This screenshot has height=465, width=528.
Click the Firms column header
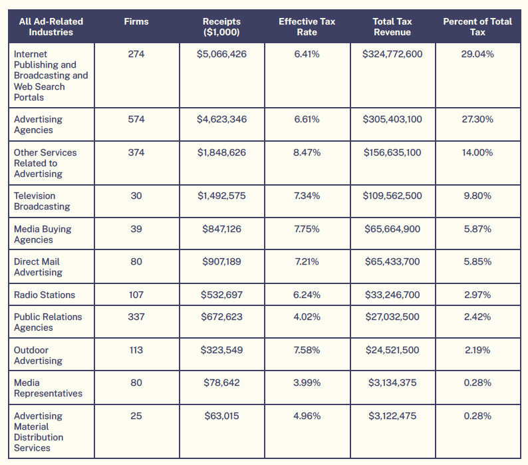(136, 21)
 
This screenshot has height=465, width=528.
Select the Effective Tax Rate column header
(307, 27)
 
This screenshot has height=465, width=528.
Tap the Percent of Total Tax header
(477, 27)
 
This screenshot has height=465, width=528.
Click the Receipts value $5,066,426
(221, 54)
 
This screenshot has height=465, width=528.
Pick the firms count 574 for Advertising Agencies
(136, 119)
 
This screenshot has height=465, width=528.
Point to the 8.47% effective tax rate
(307, 152)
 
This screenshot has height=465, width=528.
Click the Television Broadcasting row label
(42, 201)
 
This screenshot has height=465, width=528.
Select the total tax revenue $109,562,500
(392, 196)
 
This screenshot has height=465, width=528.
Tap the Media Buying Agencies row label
(43, 234)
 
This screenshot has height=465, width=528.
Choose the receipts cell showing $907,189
(221, 262)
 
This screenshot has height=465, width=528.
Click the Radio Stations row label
(45, 295)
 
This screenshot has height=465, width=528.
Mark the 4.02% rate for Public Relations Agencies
(307, 317)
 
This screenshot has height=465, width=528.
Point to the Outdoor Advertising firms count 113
(136, 350)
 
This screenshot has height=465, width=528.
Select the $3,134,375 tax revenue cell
(392, 383)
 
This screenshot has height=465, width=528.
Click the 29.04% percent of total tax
(477, 54)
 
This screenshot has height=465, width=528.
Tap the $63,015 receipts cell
(221, 416)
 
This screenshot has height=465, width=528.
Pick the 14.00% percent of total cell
(477, 152)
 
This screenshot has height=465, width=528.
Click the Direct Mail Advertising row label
(38, 267)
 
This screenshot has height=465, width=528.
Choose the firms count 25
(136, 416)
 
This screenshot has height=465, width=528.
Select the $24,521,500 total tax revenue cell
(392, 350)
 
